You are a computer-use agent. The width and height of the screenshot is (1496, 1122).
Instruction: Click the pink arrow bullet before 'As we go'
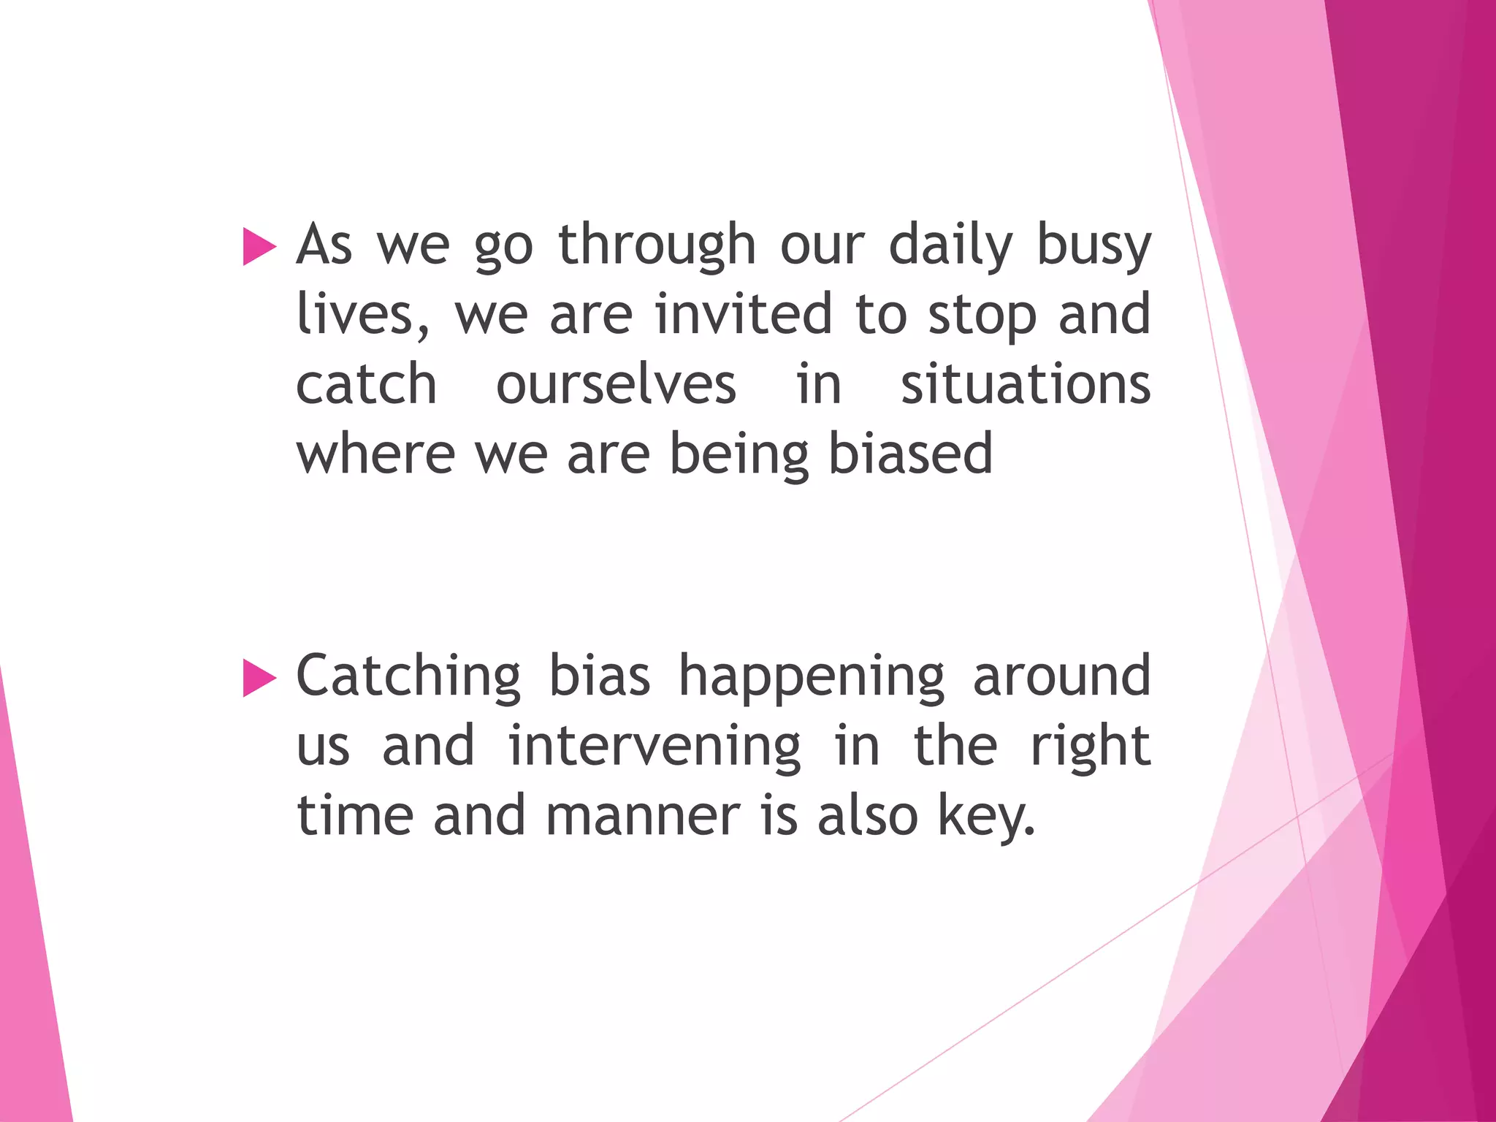[x=259, y=246]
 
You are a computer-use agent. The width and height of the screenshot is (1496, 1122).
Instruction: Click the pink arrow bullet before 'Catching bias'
[x=259, y=678]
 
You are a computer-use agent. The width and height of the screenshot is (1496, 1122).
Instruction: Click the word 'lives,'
[x=363, y=315]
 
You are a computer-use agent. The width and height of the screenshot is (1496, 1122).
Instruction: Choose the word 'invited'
[x=744, y=313]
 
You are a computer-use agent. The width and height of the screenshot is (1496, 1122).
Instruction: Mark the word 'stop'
[x=982, y=315]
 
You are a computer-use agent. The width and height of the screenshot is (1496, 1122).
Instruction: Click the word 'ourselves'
[x=616, y=384]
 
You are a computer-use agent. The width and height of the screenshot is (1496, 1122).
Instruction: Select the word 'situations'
[x=1026, y=384]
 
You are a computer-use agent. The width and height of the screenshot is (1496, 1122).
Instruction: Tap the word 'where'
[x=375, y=454]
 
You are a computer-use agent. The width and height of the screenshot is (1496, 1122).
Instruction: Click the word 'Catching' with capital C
[x=408, y=676]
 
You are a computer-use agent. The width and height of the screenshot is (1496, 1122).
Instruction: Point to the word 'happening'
[x=812, y=676]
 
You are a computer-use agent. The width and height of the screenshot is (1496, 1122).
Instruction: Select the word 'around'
[x=1061, y=676]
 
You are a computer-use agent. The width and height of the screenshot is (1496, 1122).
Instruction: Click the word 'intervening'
[x=654, y=747]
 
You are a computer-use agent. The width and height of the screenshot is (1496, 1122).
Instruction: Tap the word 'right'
[x=1090, y=747]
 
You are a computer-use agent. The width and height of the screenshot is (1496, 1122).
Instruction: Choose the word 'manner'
[x=643, y=815]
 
